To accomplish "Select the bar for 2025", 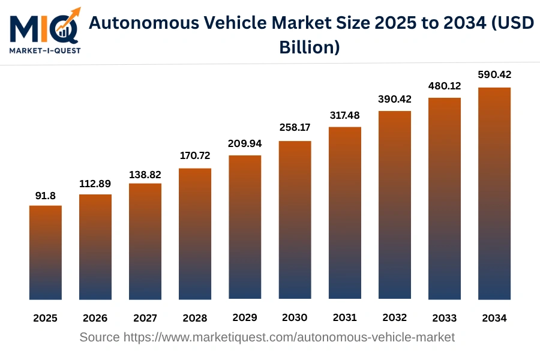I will (x=46, y=253).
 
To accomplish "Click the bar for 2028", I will (x=195, y=234).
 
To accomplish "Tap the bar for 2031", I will (x=344, y=213).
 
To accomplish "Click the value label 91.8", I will (x=46, y=196).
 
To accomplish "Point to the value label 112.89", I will (x=95, y=184).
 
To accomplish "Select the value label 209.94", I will (x=245, y=144).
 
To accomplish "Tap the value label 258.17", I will (x=295, y=128).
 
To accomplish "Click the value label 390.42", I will (x=394, y=99).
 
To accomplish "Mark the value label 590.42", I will (x=494, y=75).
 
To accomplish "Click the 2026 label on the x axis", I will (x=95, y=318).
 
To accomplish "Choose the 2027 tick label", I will (x=145, y=318).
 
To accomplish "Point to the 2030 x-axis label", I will (x=295, y=317).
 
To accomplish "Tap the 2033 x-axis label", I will (x=444, y=318).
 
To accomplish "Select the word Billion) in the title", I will (x=310, y=47).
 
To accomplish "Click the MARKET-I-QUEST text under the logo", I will (x=44, y=51).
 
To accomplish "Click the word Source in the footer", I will (x=100, y=337).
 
